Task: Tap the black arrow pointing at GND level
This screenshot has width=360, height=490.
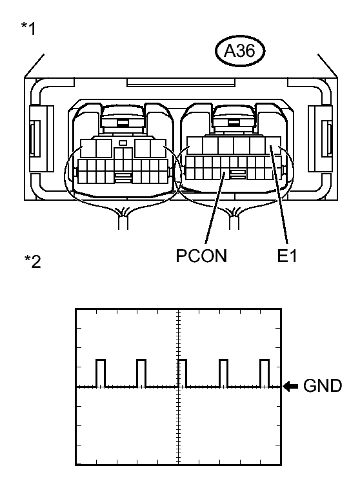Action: (x=291, y=387)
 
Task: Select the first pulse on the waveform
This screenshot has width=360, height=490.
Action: (x=100, y=373)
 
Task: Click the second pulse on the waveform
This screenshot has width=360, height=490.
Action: (x=141, y=373)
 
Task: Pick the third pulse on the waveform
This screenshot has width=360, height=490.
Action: (x=182, y=373)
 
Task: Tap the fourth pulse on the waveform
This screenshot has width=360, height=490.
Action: (x=223, y=373)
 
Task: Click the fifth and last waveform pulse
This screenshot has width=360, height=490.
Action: (x=264, y=373)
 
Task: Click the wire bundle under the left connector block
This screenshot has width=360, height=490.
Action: (x=122, y=219)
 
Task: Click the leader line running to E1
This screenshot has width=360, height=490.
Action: (x=279, y=194)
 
